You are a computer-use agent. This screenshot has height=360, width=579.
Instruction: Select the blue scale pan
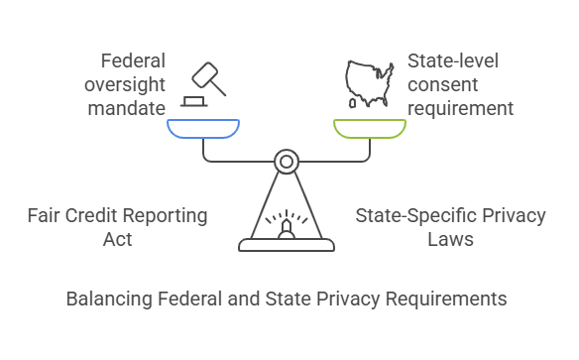coord(203,128)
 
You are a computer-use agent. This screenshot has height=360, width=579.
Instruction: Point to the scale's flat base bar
coord(287,244)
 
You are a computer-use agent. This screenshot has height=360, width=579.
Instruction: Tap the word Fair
coord(43,214)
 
